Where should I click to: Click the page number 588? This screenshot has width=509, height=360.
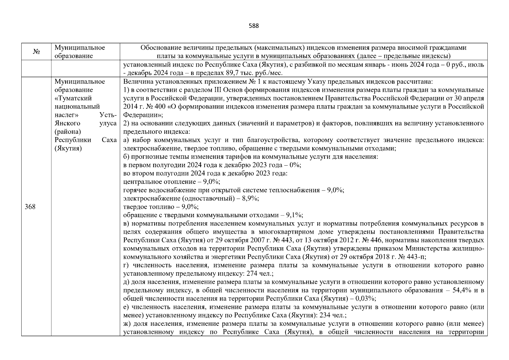click(x=254, y=26)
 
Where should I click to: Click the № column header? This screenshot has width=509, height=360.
click(x=36, y=52)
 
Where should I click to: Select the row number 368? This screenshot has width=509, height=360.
click(x=30, y=207)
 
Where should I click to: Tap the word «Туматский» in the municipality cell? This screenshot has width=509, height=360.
click(x=73, y=98)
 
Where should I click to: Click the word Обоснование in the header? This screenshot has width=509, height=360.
click(x=157, y=48)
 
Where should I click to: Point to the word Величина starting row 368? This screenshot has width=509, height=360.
click(x=136, y=82)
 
